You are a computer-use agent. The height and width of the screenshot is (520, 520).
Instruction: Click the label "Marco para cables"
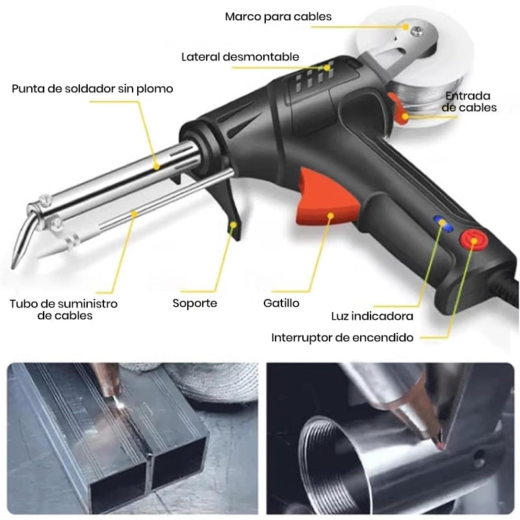coord(278,17)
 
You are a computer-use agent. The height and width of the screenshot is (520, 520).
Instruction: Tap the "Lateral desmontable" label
coord(240,57)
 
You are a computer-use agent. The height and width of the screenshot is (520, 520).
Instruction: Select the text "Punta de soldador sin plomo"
coord(92,89)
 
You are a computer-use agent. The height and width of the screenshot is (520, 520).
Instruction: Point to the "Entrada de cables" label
coord(469,101)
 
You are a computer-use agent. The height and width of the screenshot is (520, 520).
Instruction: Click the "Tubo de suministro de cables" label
coord(64,309)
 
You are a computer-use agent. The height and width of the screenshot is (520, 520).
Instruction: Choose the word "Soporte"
coord(194,303)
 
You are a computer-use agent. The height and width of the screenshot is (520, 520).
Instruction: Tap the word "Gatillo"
coord(281,303)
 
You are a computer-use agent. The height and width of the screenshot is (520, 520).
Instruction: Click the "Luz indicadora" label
coord(372,316)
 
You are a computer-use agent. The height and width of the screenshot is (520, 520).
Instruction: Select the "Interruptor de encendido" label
coord(343,337)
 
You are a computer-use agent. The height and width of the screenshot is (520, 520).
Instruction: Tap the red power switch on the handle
coord(474,239)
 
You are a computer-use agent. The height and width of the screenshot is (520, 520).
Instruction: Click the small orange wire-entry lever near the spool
coord(398,109)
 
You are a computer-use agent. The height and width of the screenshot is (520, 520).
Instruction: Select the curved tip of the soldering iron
coord(22,239)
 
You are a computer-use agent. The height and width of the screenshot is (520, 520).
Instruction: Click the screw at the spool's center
coord(416,32)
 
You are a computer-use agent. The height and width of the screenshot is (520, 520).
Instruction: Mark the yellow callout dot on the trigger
coord(330,216)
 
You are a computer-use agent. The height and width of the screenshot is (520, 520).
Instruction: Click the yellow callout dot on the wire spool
coord(405,27)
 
